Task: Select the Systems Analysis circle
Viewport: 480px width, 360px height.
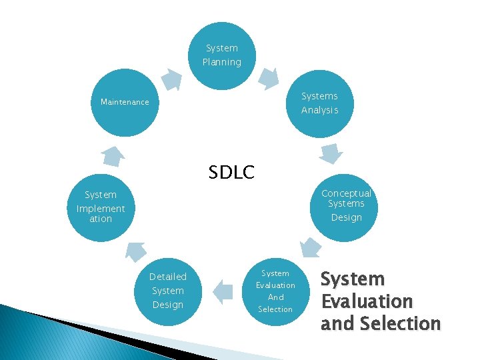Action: coord(320,103)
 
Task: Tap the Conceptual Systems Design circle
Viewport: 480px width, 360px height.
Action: coord(346,206)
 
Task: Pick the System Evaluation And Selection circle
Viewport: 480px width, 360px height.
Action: coord(275,291)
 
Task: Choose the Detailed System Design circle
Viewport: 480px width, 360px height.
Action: coord(168,291)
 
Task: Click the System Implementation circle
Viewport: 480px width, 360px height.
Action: coord(101,207)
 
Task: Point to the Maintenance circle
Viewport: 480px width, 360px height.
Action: coord(125,103)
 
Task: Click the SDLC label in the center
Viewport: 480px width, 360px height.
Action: coord(231,173)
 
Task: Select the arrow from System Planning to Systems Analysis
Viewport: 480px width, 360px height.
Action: coord(268,77)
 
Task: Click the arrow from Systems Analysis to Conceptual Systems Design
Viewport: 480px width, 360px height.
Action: coord(331,154)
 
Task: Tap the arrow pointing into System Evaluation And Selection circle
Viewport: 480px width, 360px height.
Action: coord(308,249)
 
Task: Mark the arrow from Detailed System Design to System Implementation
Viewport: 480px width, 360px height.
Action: coord(135,251)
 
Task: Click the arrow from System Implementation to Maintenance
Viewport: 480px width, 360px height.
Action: coord(113,156)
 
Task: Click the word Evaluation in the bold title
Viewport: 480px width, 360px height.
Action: coord(367,301)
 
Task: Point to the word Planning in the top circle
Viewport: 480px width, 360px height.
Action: coord(222,62)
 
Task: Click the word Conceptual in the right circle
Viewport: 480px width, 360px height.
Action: coord(346,193)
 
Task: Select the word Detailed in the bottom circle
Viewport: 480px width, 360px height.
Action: coord(168,277)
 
